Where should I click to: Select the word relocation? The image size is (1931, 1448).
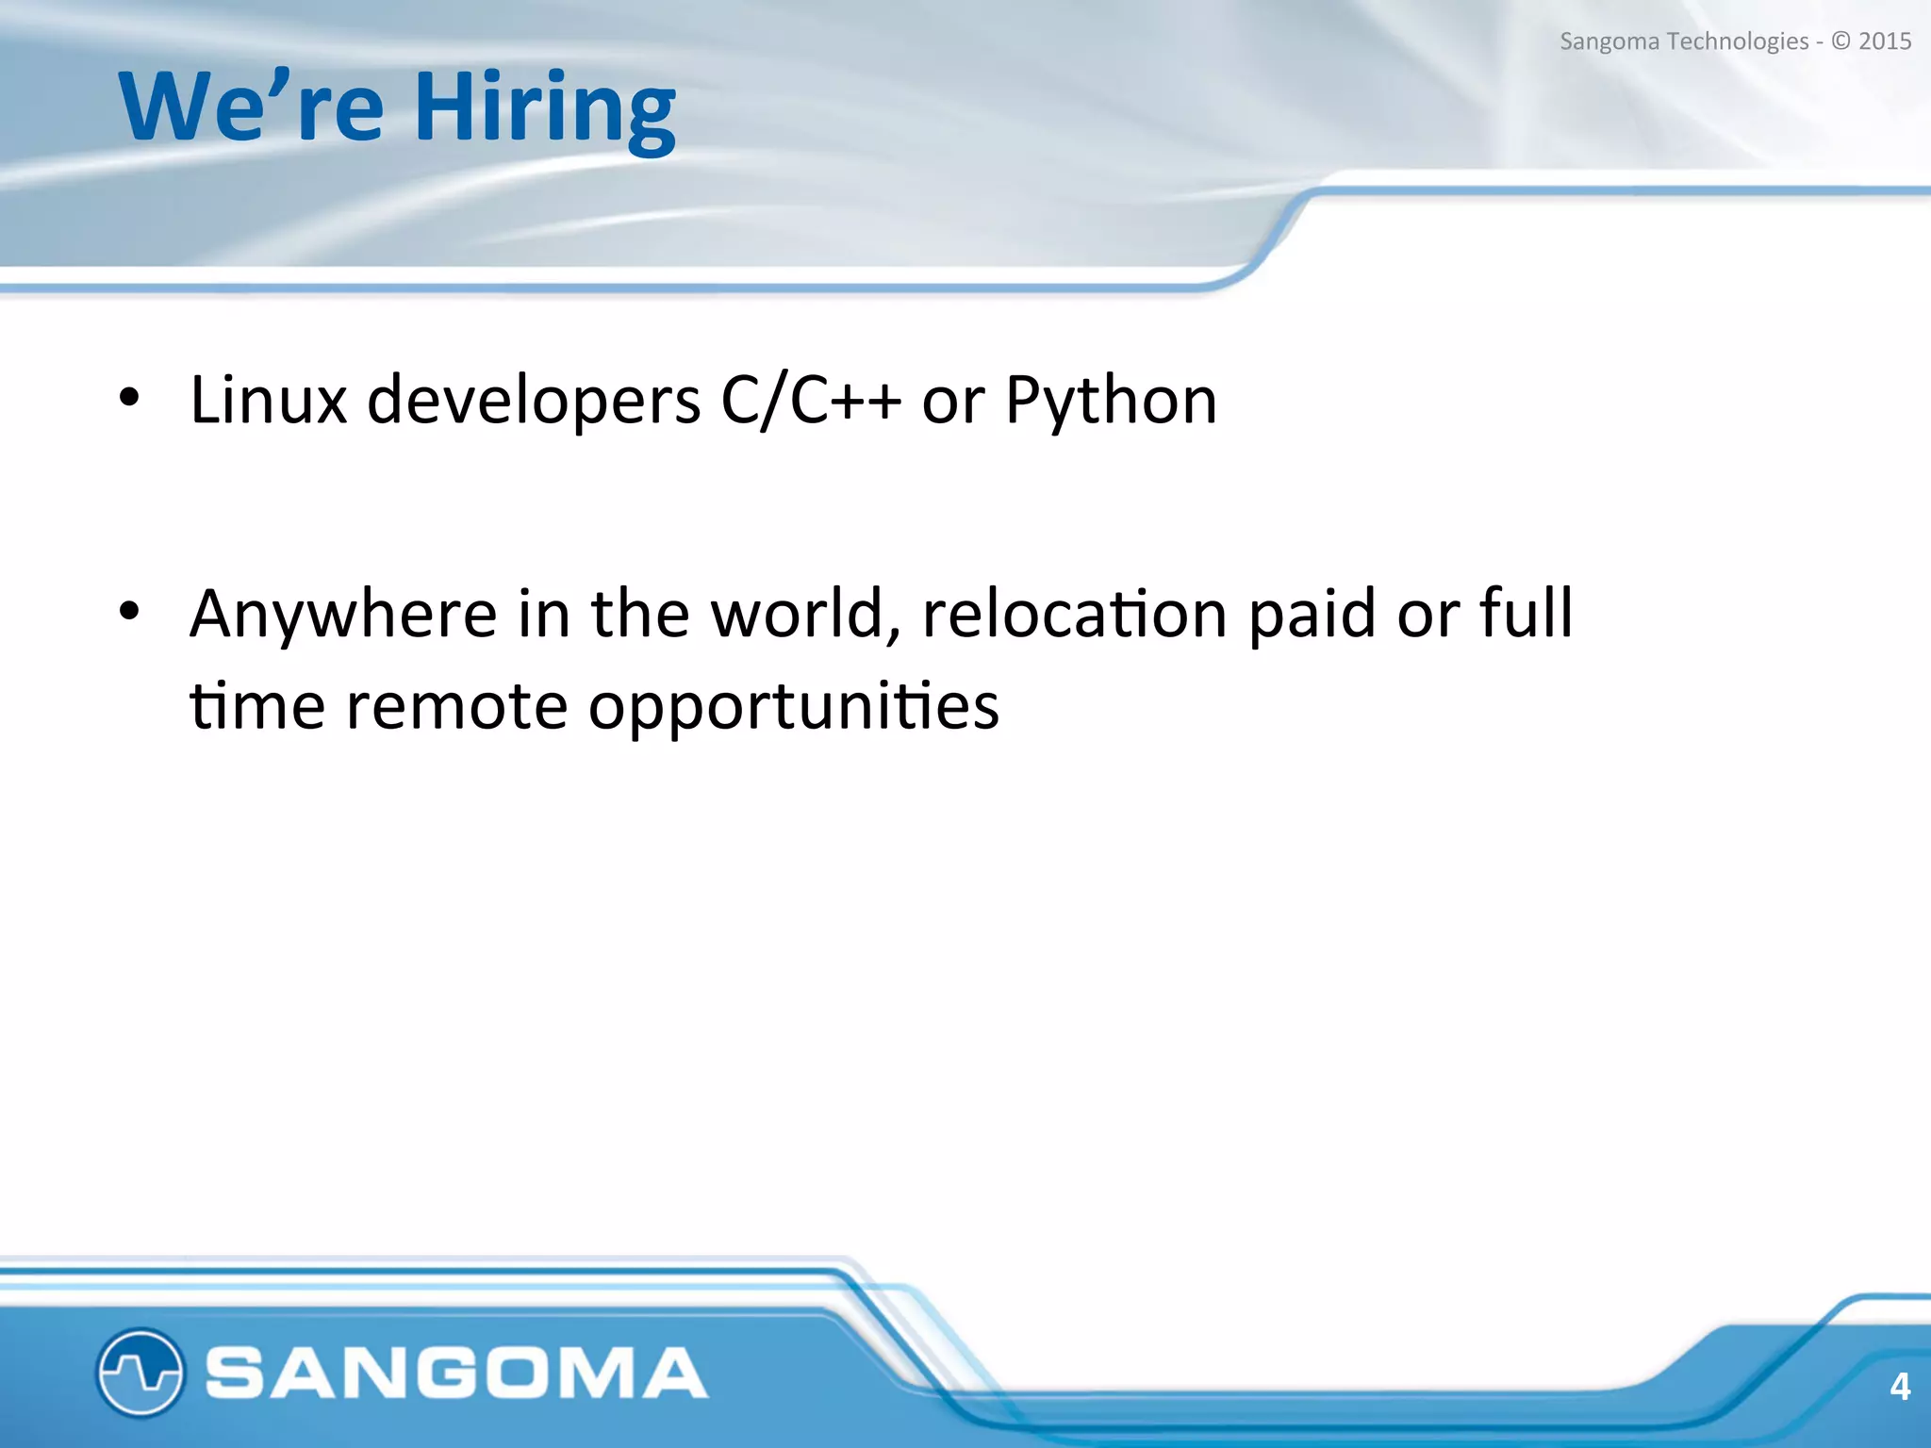click(x=1074, y=614)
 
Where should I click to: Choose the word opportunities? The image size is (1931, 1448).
click(x=794, y=708)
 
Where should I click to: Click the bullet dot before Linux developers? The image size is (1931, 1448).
click(x=129, y=398)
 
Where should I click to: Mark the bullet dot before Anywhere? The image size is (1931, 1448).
click(x=129, y=611)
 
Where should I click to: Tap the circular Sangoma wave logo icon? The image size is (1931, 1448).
click(x=140, y=1373)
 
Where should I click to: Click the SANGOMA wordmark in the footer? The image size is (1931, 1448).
click(x=456, y=1373)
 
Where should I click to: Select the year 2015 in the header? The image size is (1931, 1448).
click(x=1884, y=41)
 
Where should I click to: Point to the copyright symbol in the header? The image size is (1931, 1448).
click(x=1840, y=41)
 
